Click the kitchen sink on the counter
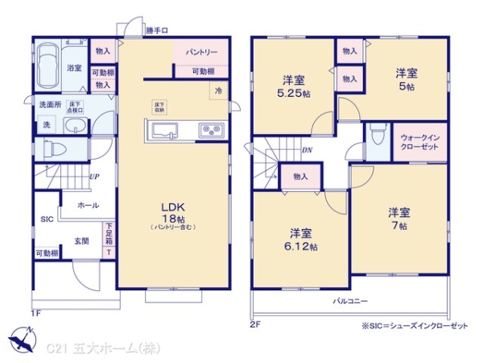click(x=163, y=130)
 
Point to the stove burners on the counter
click(x=212, y=130)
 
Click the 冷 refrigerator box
click(x=219, y=90)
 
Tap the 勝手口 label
click(x=157, y=31)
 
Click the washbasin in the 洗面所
click(x=74, y=126)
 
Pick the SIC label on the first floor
click(x=45, y=219)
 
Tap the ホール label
click(x=88, y=205)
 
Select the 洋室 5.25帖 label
click(x=293, y=86)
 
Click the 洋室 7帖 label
click(x=400, y=219)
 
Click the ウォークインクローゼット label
click(x=419, y=143)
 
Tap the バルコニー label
click(x=351, y=301)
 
